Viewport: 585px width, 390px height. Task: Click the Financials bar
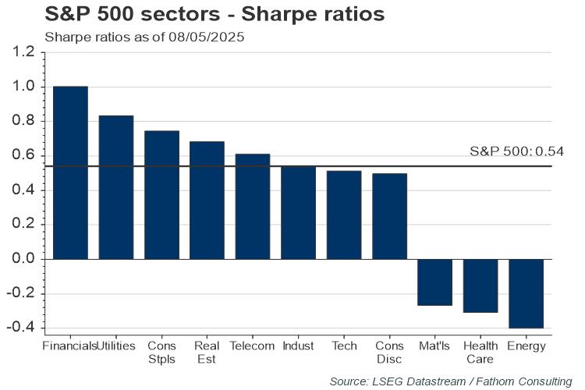[x=70, y=172]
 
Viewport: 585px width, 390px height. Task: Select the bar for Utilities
[x=116, y=187]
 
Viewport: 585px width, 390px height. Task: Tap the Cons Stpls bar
[x=161, y=195]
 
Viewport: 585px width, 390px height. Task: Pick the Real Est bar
[x=207, y=200]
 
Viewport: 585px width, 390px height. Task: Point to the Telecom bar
[x=253, y=207]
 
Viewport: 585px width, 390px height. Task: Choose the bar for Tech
[x=344, y=214]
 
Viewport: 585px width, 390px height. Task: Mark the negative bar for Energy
[x=526, y=293]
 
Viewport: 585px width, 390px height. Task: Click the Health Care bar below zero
[x=480, y=285]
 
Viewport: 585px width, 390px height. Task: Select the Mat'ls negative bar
[x=435, y=282]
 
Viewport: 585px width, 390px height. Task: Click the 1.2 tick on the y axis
[x=23, y=52]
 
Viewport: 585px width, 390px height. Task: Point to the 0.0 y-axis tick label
[x=23, y=259]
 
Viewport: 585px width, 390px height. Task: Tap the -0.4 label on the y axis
[x=21, y=328]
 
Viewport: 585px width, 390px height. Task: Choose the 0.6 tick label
[x=23, y=156]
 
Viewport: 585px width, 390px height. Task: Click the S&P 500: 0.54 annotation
[x=516, y=151]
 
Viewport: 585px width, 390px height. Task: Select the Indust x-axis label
[x=298, y=346]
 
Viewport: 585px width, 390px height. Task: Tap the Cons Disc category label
[x=389, y=352]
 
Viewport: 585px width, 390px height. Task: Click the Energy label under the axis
[x=526, y=346]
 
